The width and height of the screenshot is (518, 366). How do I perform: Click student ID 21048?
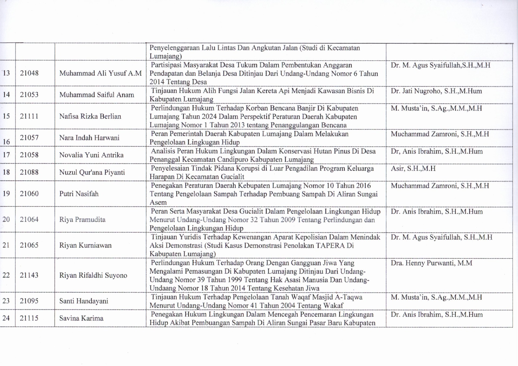[x=29, y=73]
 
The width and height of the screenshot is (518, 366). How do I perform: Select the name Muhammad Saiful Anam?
[x=97, y=95]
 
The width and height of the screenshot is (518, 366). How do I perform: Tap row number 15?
[x=6, y=116]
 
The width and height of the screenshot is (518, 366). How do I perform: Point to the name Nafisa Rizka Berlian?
[x=90, y=116]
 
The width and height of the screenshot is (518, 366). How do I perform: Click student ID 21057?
[x=29, y=138]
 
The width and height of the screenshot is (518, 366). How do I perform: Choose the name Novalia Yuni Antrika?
[x=91, y=155]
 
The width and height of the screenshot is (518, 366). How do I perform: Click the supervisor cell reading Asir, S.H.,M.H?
[x=413, y=169]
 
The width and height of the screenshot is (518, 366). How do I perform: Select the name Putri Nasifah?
[x=79, y=194]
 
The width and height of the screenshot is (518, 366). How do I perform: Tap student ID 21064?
[x=29, y=219]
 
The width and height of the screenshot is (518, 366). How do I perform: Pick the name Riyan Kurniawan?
[x=85, y=245]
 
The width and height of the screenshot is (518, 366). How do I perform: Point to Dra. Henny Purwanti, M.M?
[x=431, y=263]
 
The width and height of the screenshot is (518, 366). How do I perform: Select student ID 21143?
[x=29, y=275]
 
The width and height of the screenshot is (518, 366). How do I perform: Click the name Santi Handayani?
[x=84, y=301]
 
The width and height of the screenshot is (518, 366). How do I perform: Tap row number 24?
[x=6, y=318]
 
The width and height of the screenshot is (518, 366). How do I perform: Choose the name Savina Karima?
[x=81, y=318]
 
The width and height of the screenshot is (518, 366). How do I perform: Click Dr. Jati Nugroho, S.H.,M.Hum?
[x=436, y=91]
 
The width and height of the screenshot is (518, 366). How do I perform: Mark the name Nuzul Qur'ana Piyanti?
[x=92, y=172]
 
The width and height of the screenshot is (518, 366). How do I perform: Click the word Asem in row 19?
[x=158, y=202]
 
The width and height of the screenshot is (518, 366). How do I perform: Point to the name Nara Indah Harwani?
[x=89, y=138]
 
